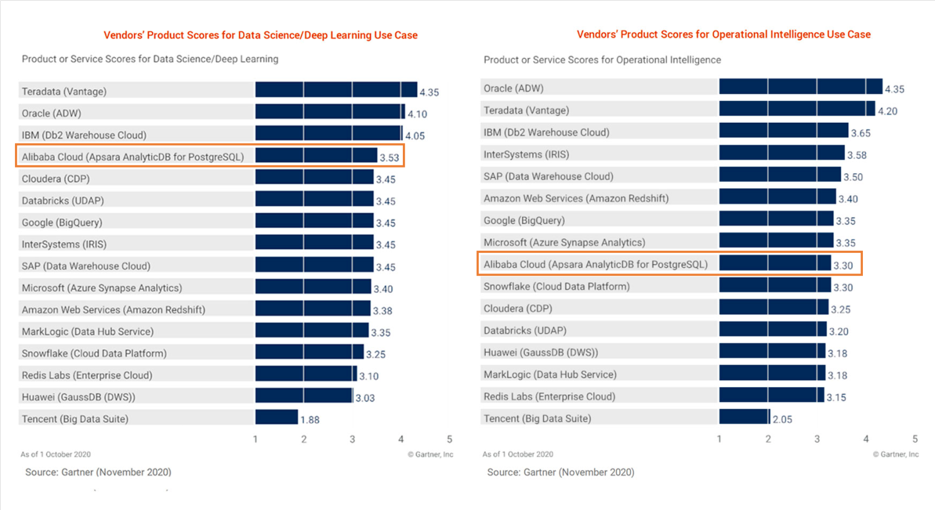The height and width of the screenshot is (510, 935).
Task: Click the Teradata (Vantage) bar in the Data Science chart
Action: [336, 90]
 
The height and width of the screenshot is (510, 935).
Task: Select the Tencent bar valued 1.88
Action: [276, 417]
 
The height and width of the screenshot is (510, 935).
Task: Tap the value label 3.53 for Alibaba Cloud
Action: [389, 157]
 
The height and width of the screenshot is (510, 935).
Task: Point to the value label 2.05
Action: [782, 419]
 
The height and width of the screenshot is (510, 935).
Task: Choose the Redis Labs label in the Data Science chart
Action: [87, 375]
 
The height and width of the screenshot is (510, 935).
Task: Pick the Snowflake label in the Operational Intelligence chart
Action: [556, 287]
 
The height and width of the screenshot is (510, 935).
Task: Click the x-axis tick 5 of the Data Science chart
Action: [449, 439]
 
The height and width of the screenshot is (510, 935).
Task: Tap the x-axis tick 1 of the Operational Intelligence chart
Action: [719, 439]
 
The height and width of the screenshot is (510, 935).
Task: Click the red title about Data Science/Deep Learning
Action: [260, 35]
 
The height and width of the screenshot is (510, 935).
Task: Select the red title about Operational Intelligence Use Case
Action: [723, 35]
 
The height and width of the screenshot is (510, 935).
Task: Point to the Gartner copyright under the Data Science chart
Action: [430, 454]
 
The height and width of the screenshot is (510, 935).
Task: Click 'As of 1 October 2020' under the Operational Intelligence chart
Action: [518, 454]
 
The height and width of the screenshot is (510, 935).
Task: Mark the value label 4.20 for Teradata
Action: [887, 111]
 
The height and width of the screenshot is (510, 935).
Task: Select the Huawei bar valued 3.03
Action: [304, 396]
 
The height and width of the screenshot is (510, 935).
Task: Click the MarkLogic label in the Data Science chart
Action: [88, 331]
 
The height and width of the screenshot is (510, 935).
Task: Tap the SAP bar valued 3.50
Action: [780, 175]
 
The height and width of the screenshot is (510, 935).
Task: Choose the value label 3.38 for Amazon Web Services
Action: [382, 311]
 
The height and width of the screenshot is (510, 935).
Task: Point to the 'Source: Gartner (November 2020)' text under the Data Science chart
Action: [98, 472]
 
